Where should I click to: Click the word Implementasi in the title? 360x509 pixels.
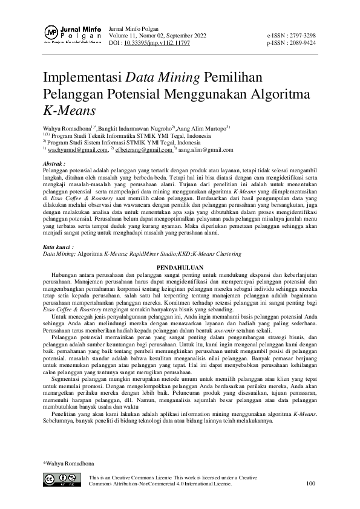coord(82,78)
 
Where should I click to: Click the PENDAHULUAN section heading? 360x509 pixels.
coord(180,267)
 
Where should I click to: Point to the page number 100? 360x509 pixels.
coord(311,484)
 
